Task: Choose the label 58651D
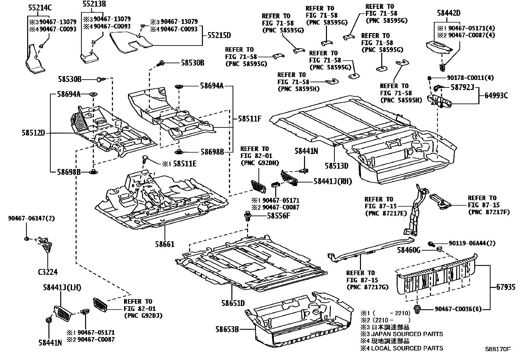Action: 233,303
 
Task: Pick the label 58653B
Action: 227,329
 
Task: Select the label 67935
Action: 506,287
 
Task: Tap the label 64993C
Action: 496,96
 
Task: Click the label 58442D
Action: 449,13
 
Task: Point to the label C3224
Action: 48,272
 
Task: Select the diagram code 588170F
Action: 498,349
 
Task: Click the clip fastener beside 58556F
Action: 248,216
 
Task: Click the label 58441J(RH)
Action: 332,181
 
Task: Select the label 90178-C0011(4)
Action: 470,78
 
